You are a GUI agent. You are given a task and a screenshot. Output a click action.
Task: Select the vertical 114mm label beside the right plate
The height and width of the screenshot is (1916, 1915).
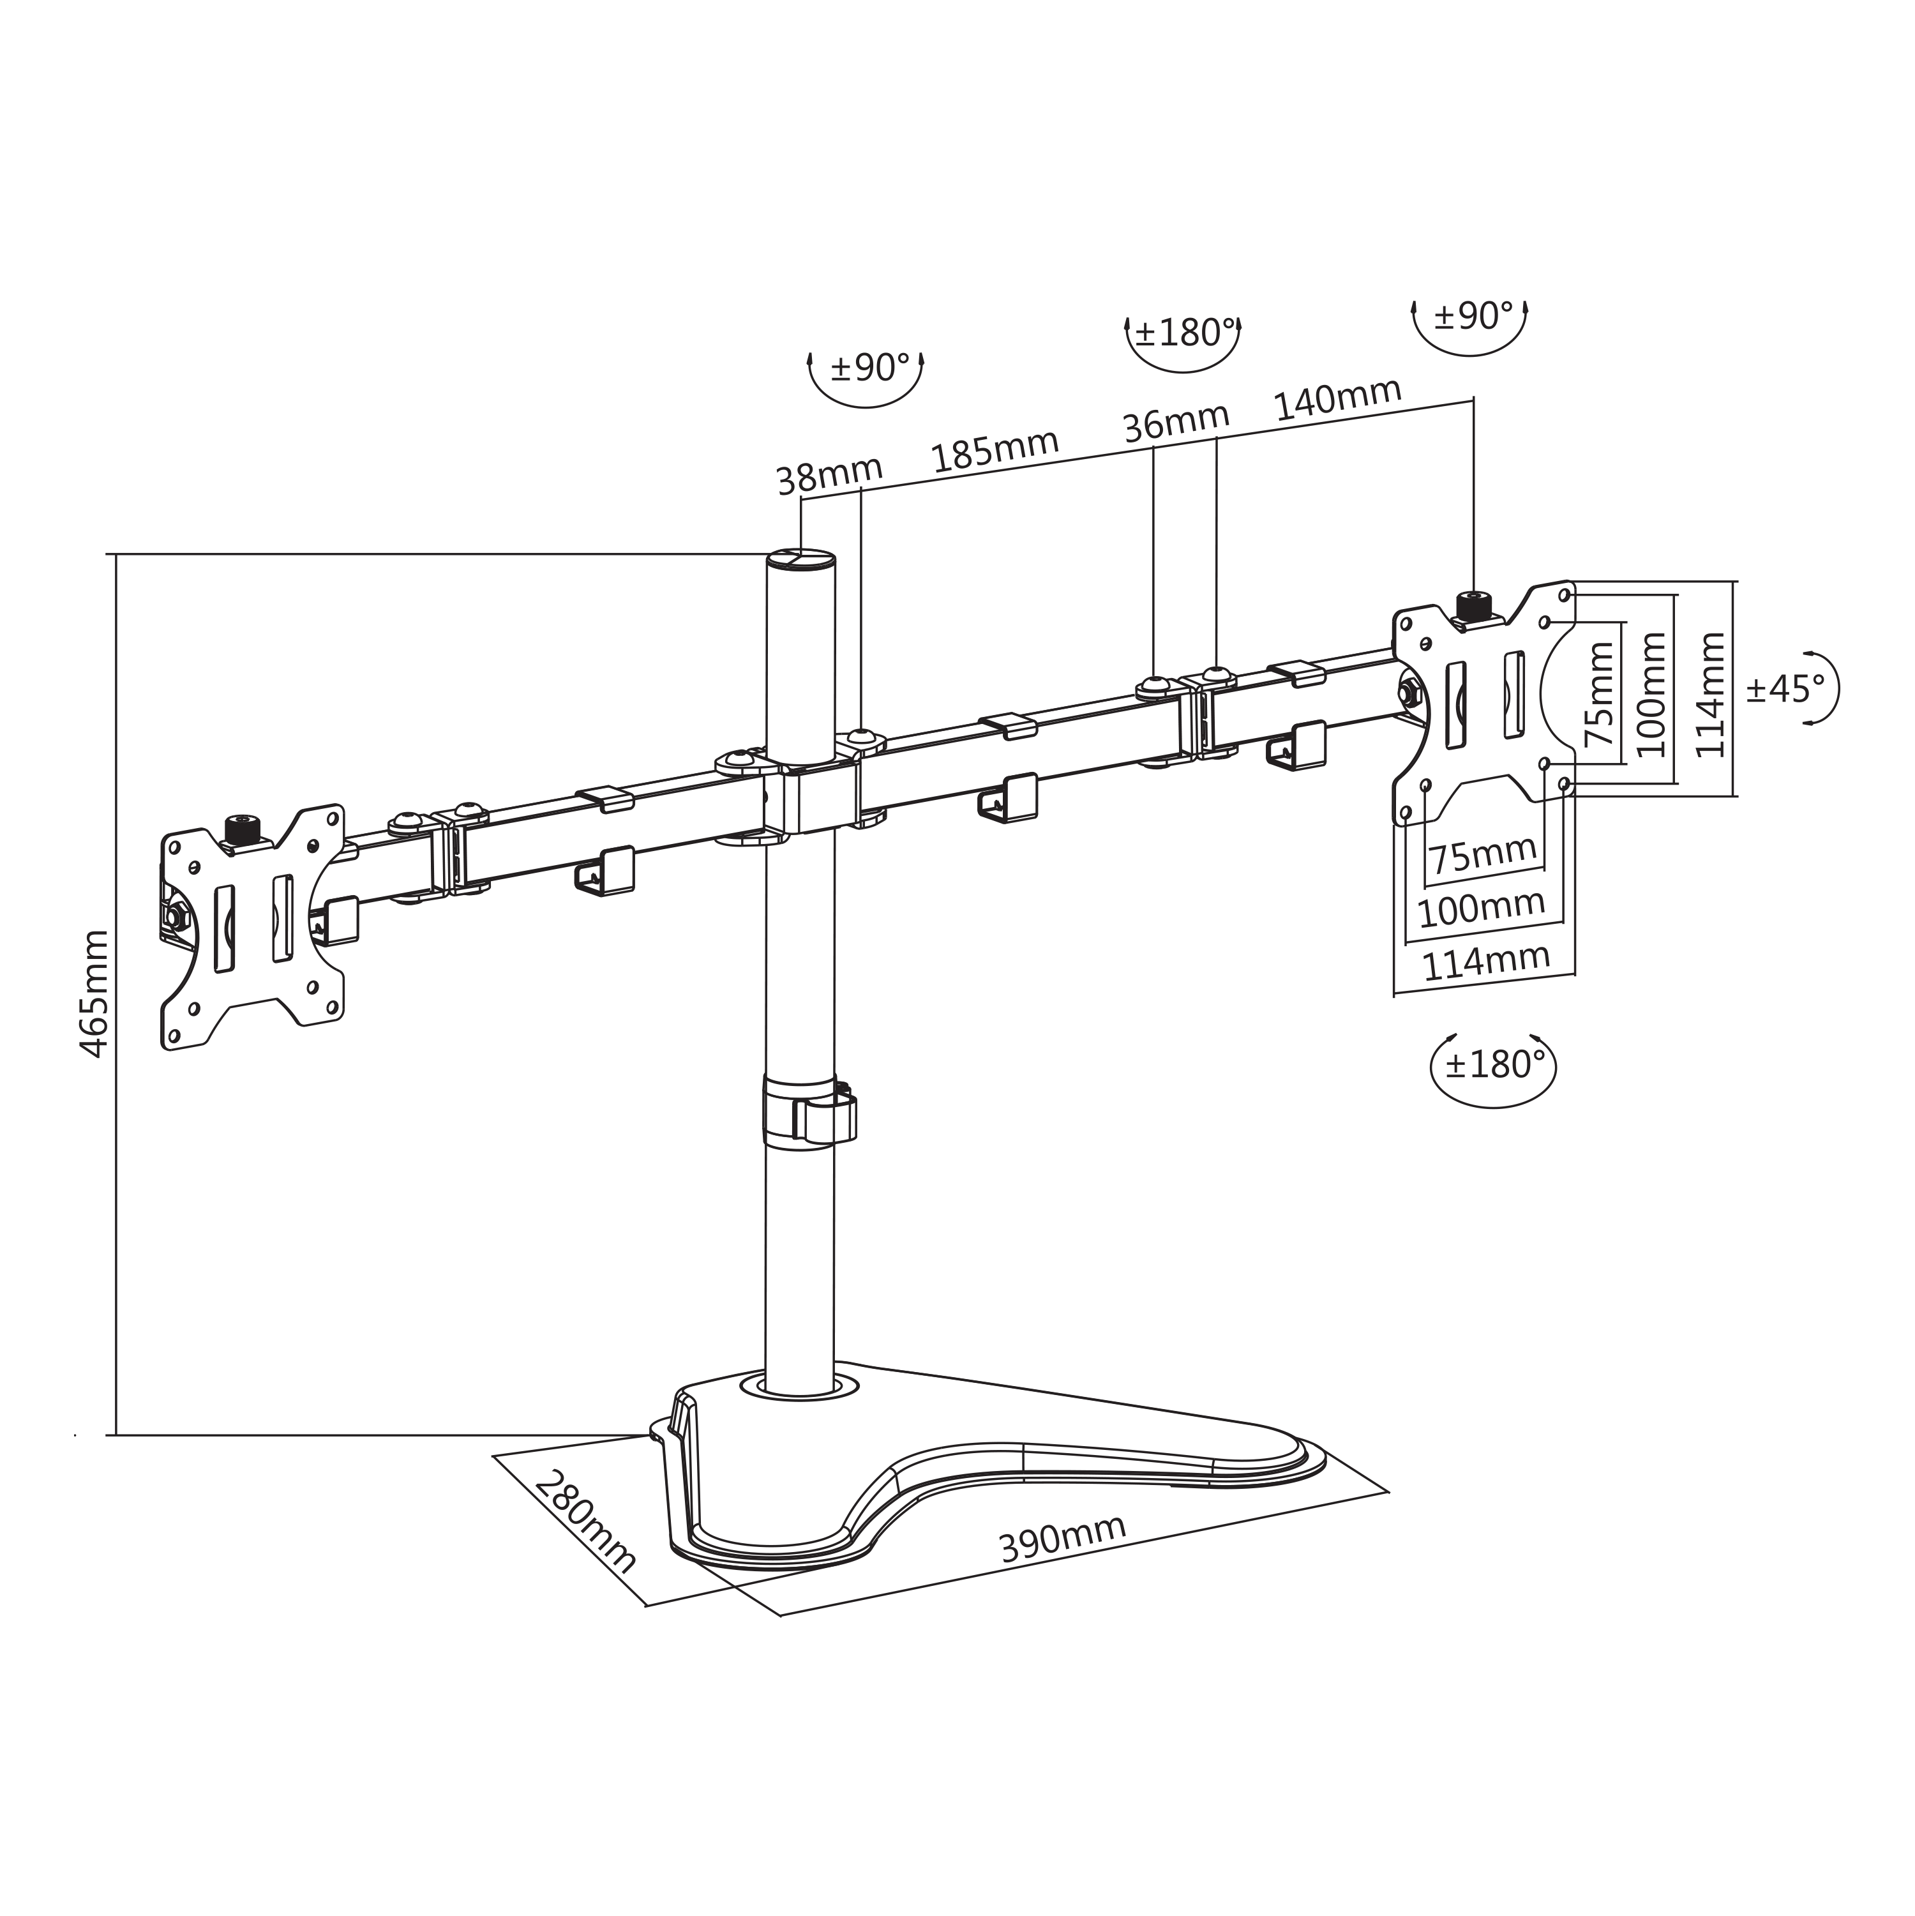1711,694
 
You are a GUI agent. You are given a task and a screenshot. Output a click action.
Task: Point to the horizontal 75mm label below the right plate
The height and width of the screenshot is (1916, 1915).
1483,855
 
